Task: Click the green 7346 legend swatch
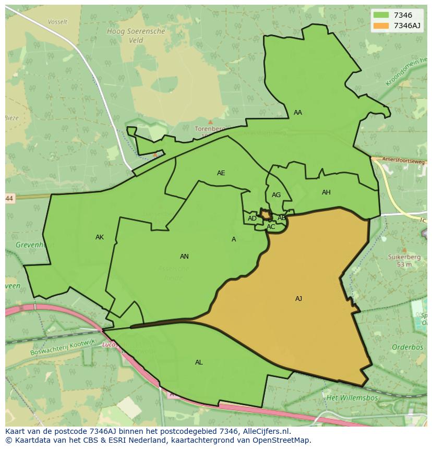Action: coord(381,15)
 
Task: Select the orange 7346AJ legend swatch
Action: coord(381,25)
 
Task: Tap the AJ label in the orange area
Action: coord(298,299)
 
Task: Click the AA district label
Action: coord(297,113)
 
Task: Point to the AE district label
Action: coord(221,173)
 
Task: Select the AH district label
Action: coord(326,192)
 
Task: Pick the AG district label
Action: coord(276,195)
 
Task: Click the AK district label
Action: coord(100,237)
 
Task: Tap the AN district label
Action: coord(184,257)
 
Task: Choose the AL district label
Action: coord(199,362)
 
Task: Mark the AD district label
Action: coord(252,219)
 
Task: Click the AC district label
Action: coord(271,227)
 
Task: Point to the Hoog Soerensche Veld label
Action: coord(136,35)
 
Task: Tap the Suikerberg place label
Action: coord(400,257)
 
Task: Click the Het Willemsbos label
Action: coord(346,397)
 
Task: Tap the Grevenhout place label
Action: coord(31,244)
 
